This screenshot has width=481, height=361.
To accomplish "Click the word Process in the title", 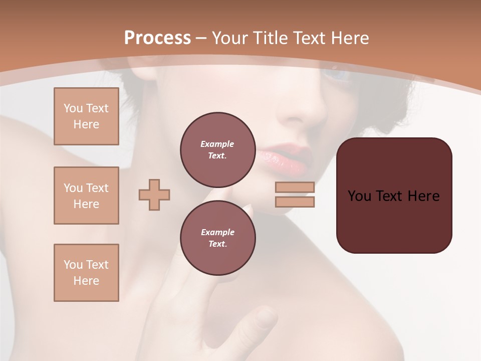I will (157, 38).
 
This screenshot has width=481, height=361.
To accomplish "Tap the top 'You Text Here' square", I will (86, 116).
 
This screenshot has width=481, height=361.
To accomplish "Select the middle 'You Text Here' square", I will (86, 196).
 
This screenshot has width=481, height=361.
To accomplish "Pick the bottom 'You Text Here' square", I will (86, 273).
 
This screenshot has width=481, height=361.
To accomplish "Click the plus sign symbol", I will (154, 195).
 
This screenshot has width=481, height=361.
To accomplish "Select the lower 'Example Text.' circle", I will (217, 238).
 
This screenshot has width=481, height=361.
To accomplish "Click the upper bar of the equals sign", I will (295, 187).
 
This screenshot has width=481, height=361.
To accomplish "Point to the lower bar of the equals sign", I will (295, 202).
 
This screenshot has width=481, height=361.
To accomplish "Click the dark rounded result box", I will (394, 196).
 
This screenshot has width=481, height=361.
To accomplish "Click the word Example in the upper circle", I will (217, 144).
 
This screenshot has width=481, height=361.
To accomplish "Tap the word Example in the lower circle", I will (217, 232).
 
